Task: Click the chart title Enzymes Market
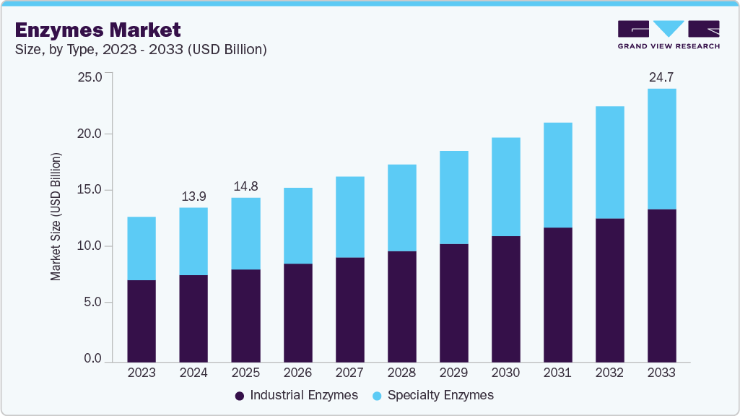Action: (x=97, y=30)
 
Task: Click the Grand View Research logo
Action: (x=668, y=34)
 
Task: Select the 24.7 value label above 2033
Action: (x=661, y=77)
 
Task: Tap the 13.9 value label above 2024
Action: (x=193, y=196)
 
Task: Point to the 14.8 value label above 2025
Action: (x=245, y=186)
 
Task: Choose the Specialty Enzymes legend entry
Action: (x=433, y=395)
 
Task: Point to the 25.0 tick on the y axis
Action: (x=90, y=77)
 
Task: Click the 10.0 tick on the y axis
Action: (x=90, y=246)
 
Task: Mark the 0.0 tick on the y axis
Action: (x=93, y=359)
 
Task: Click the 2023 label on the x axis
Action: (x=142, y=373)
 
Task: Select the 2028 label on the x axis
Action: (x=401, y=373)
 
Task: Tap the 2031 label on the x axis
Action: (x=557, y=373)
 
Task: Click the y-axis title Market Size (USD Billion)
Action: (x=56, y=217)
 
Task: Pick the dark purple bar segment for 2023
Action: (x=142, y=321)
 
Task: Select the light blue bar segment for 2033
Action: (x=661, y=149)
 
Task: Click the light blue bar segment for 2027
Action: (x=349, y=217)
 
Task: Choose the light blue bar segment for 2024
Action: (x=193, y=241)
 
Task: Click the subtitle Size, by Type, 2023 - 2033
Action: (x=142, y=50)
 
